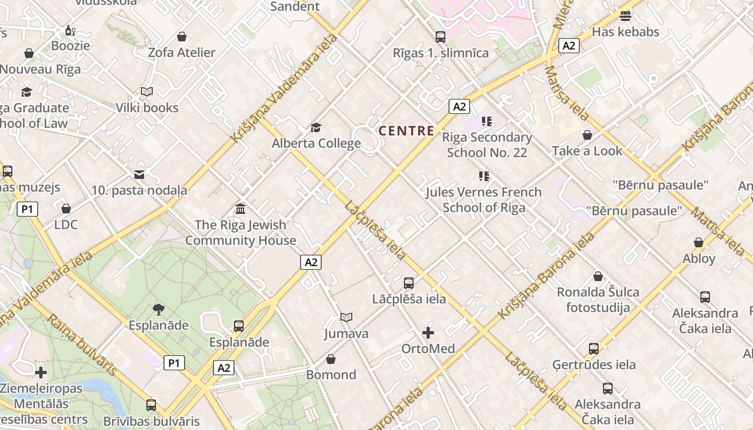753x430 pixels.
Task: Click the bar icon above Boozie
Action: pos(70,31)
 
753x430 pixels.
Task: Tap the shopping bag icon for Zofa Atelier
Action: pos(182,37)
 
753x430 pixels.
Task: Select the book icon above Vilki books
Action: pos(147,92)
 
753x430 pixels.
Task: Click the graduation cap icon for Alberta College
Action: pos(316,128)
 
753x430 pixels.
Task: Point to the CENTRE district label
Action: pos(407,131)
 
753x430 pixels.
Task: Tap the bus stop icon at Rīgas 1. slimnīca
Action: pos(441,37)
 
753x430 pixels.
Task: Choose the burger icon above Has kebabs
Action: pos(625,16)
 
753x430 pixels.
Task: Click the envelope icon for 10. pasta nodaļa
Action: pos(139,174)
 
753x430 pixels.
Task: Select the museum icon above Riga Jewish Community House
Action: pos(240,209)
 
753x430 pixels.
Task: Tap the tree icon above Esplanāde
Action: pos(158,310)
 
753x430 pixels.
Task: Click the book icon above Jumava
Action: pos(346,318)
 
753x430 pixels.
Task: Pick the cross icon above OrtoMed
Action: pos(428,333)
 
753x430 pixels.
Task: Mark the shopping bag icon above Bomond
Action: pos(331,359)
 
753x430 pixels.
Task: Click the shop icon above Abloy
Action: pos(699,242)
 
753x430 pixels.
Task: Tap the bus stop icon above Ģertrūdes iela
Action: pos(594,348)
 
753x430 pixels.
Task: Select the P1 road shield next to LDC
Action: pos(27,209)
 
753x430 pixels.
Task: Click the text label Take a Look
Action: pos(587,151)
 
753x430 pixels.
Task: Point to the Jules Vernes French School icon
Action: pos(484,176)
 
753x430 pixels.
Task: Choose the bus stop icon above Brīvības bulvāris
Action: pos(151,405)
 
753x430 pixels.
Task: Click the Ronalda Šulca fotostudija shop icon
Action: pos(598,276)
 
